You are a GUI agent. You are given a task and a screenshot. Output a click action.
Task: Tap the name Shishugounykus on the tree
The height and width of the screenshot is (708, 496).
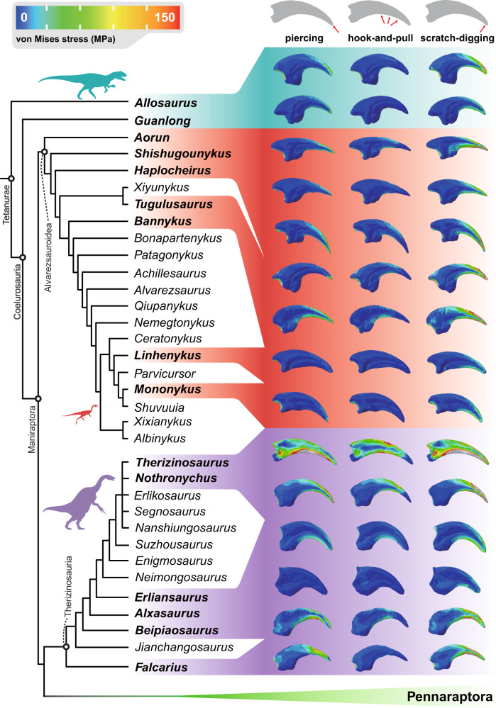173,154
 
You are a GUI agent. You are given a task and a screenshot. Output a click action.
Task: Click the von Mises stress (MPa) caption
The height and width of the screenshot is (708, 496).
66,35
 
